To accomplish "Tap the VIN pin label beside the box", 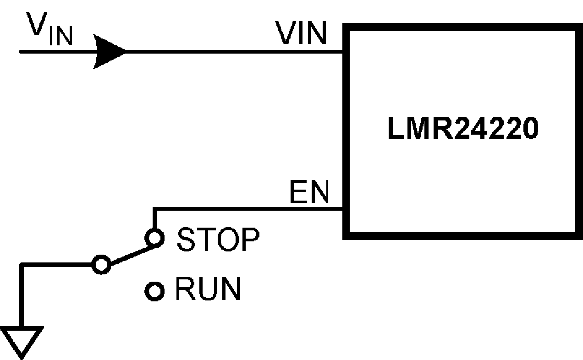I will tap(301, 33).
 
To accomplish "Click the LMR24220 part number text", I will tap(462, 130).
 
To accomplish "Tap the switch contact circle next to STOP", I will tap(154, 238).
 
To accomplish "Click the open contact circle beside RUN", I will tap(154, 291).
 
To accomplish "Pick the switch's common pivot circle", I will tap(101, 264).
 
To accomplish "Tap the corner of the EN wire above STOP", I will tap(154, 210).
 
